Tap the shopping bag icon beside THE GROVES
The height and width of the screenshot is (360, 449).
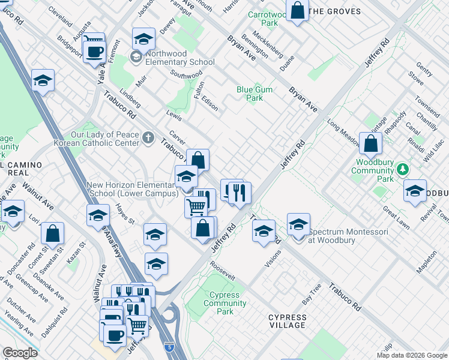(x=297, y=10)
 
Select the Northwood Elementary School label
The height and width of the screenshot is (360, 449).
(x=179, y=62)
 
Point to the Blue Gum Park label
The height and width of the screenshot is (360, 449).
(x=255, y=94)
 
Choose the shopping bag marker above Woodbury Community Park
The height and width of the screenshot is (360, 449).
(x=371, y=143)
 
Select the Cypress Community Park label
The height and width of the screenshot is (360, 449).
(x=225, y=303)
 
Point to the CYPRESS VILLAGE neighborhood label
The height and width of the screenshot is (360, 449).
(x=287, y=321)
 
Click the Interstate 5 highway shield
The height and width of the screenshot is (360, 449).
(x=170, y=346)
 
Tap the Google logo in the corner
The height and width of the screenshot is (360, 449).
(x=19, y=353)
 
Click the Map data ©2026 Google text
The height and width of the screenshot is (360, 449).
(x=412, y=355)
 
